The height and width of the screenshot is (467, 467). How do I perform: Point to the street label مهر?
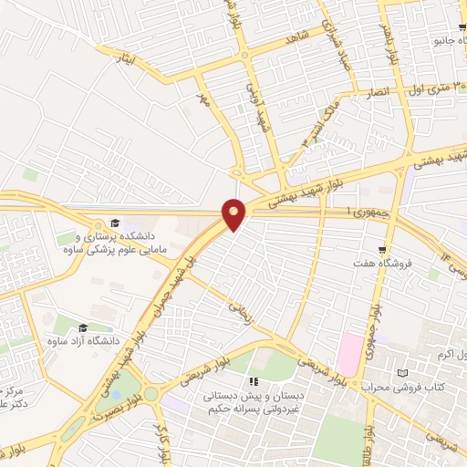coord(205,99)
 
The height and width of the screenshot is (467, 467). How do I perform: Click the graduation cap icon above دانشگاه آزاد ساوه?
coord(82,327)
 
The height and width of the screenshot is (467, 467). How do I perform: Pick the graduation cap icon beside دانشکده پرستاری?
coord(116,223)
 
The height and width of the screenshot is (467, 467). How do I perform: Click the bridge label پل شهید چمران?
coord(166,284)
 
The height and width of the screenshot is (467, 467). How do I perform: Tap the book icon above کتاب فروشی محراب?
coord(403,372)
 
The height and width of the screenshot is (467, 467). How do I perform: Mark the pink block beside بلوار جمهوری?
coord(349,353)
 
